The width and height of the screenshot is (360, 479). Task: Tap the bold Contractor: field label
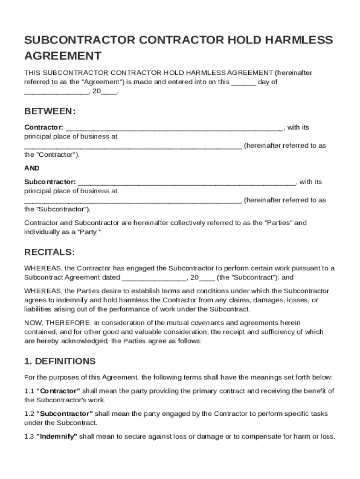43,127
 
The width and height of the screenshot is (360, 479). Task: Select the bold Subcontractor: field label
50,182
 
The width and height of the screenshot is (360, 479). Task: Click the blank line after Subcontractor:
186,183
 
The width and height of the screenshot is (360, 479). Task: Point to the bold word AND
32,168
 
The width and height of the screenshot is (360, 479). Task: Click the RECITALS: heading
49,252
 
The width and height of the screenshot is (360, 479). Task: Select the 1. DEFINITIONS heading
60,361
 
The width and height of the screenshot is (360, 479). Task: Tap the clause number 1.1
29,391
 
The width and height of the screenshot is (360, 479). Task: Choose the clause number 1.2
29,414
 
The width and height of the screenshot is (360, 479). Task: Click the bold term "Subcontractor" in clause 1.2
65,414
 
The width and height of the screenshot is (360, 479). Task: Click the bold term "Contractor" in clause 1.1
58,391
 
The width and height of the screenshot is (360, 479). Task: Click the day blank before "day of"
244,83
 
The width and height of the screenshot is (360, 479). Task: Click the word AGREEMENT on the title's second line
63,56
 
